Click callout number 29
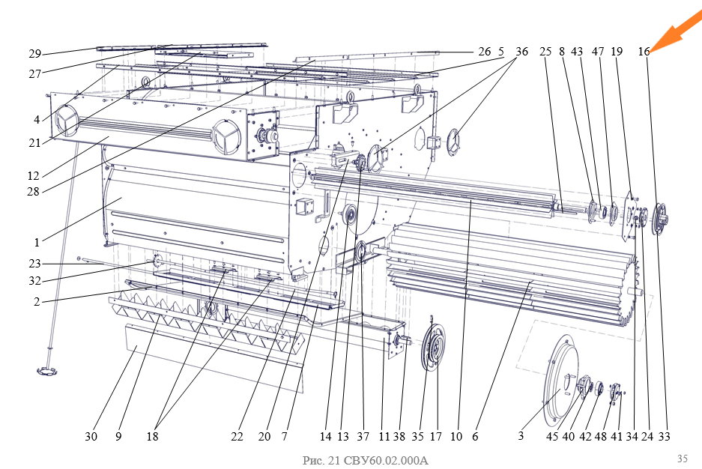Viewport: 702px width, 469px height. (x=35, y=53)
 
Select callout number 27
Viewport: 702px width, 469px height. (x=35, y=73)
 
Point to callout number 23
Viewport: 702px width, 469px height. (x=35, y=263)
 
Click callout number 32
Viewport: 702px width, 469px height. (x=35, y=282)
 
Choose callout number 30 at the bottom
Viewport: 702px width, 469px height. (x=91, y=436)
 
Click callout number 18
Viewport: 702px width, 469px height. (x=153, y=436)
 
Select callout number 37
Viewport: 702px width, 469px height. (x=363, y=436)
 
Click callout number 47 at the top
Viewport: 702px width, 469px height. (x=597, y=52)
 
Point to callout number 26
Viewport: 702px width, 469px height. (x=485, y=52)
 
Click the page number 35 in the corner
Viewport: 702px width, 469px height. (x=682, y=458)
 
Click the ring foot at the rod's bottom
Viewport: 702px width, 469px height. (x=47, y=371)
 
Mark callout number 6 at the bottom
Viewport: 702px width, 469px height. (x=475, y=436)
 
